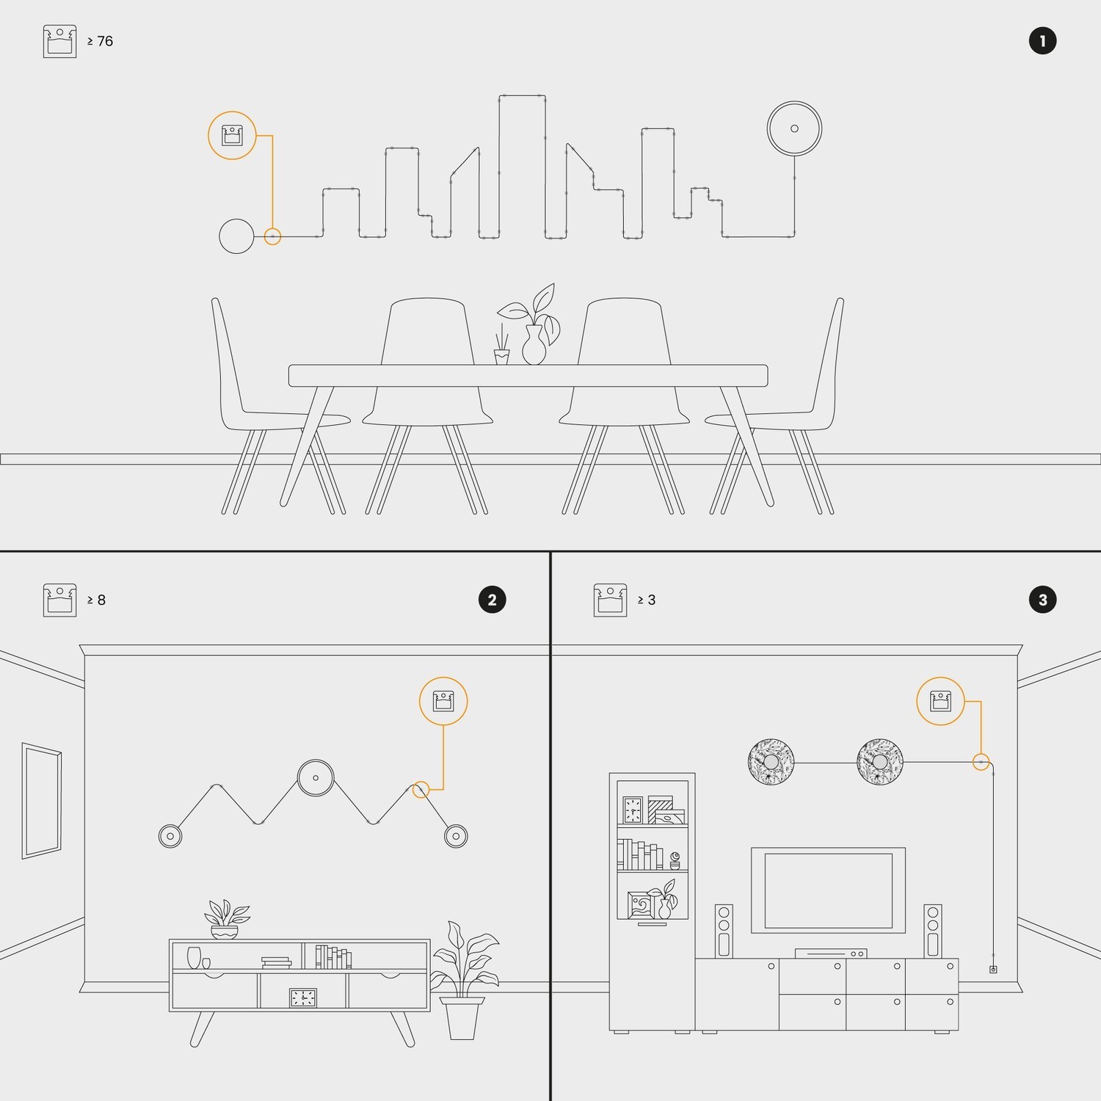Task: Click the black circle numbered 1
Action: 1042,41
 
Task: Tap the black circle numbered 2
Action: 492,600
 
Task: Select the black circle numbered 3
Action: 1042,600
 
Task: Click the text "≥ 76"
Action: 101,41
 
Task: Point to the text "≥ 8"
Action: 97,600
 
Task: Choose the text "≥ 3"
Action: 647,600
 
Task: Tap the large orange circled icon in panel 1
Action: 232,136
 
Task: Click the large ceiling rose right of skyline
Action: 794,128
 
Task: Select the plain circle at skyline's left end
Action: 236,236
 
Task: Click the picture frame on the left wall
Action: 42,800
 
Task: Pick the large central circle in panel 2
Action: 316,778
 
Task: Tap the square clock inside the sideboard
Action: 303,998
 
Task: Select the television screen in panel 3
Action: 828,890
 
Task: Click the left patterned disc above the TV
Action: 771,762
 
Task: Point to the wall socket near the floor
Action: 993,970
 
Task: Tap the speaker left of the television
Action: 724,931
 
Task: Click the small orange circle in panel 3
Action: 981,762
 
